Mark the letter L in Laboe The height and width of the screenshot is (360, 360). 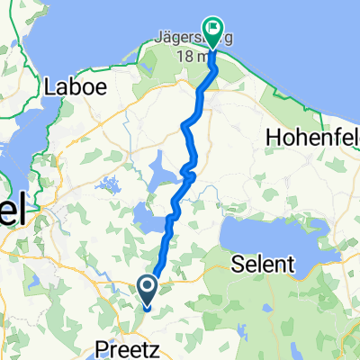[x=50, y=88]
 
